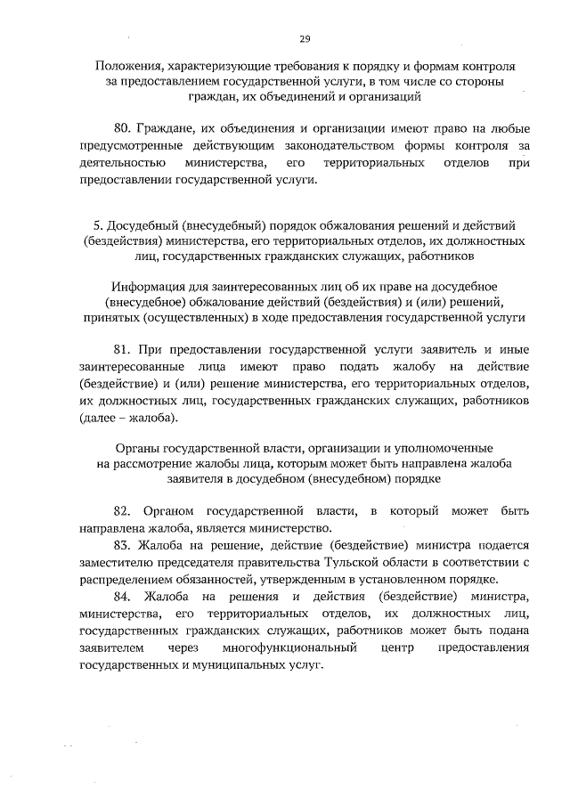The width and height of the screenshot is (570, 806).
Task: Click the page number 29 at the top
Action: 305,39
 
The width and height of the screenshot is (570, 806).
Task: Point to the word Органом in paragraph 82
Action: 172,511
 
